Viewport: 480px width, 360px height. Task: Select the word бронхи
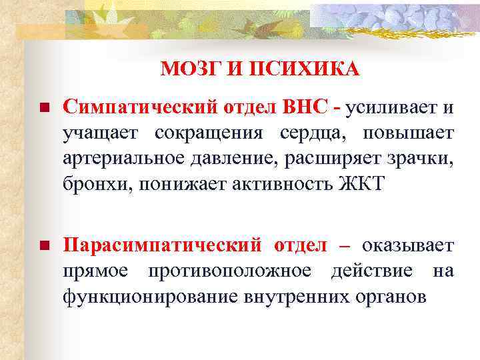97,183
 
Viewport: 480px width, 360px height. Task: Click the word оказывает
408,245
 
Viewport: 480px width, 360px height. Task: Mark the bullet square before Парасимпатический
43,246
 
